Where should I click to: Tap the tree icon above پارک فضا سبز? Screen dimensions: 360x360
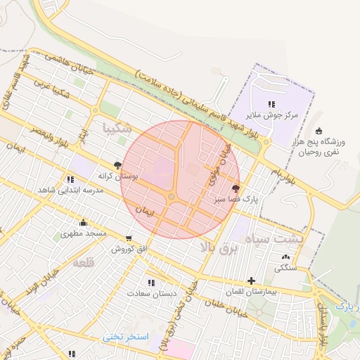point(236,188)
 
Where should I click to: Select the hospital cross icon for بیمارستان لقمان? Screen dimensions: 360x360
point(251,281)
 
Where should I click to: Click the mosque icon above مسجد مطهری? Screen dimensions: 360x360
point(83,224)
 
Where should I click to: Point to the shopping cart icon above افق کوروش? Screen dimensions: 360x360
point(129,238)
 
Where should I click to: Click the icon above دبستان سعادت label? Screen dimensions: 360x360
point(152,282)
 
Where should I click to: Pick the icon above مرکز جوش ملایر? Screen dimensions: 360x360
point(271,104)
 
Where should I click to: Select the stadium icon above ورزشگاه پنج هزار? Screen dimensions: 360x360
point(319,131)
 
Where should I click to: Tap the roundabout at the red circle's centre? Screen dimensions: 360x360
point(171,197)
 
